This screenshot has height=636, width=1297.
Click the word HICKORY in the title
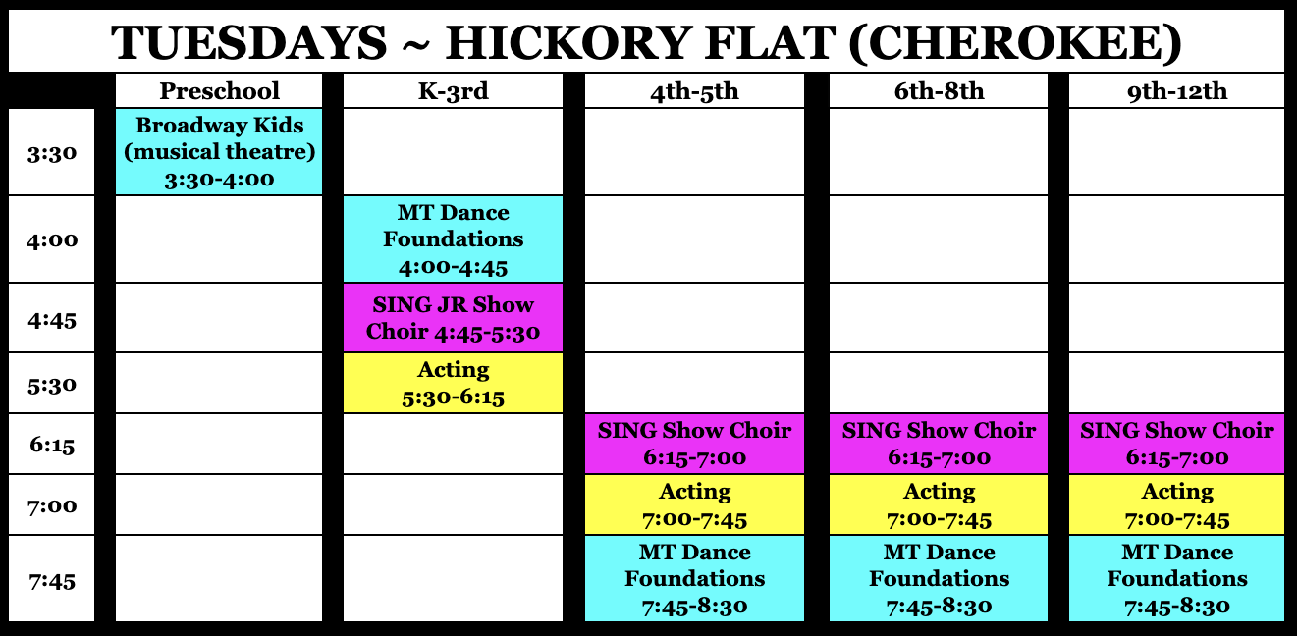(x=567, y=43)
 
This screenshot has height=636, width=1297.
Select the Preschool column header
(x=219, y=91)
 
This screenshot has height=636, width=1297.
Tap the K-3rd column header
(x=453, y=91)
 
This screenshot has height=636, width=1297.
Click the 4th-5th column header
(x=694, y=91)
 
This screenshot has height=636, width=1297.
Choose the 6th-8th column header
(x=939, y=91)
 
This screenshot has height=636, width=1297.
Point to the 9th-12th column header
(x=1176, y=91)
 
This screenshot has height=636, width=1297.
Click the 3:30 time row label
(x=51, y=153)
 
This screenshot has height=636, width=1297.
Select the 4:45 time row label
(x=51, y=319)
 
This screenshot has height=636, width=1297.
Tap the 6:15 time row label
(x=51, y=445)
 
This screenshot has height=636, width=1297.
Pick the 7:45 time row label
(x=51, y=580)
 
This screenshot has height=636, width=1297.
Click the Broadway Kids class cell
(x=219, y=151)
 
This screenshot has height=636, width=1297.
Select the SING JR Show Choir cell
(x=453, y=318)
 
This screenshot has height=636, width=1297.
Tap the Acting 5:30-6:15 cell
(x=453, y=383)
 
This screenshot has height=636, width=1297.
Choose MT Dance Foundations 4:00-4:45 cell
(x=453, y=239)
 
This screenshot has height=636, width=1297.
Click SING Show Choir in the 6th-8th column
(x=939, y=444)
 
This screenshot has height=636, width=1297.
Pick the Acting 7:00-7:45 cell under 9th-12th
(x=1176, y=504)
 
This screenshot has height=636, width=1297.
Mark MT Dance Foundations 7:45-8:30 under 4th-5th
(x=694, y=579)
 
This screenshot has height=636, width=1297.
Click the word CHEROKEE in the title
(x=1015, y=43)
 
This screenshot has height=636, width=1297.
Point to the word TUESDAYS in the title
(x=249, y=43)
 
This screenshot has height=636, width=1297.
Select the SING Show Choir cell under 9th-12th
(x=1176, y=444)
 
